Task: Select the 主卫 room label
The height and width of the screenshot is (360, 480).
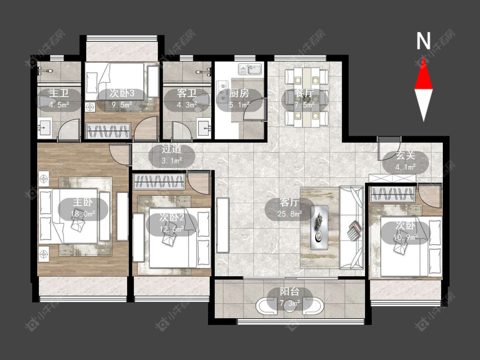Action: click(x=59, y=93)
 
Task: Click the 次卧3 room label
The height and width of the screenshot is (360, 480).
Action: click(x=122, y=93)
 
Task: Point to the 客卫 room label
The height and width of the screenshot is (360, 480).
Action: click(x=187, y=93)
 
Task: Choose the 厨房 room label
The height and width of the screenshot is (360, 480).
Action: click(x=239, y=93)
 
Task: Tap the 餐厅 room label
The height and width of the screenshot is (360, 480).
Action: click(x=304, y=93)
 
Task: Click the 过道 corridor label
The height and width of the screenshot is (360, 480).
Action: click(x=172, y=149)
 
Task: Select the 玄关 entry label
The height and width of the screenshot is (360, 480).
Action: click(x=405, y=156)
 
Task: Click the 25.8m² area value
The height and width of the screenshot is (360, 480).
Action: click(x=290, y=214)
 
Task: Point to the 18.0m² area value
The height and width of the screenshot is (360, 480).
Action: click(x=83, y=214)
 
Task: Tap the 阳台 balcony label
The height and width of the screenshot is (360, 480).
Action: click(x=290, y=292)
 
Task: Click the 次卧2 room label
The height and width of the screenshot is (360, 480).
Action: click(x=172, y=218)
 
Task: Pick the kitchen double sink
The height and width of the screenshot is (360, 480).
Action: click(x=250, y=69)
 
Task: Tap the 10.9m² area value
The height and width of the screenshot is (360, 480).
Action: click(x=406, y=237)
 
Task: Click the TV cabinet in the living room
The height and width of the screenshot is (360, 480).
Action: click(x=223, y=225)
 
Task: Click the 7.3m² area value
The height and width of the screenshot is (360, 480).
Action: click(x=290, y=303)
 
